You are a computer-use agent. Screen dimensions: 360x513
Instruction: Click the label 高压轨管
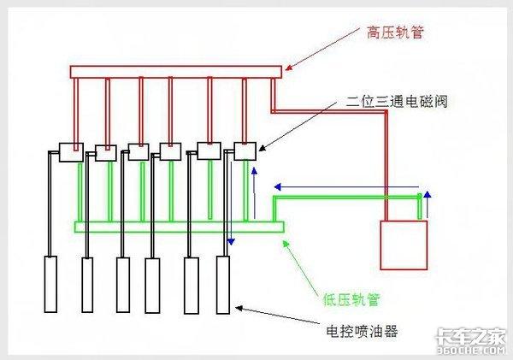click(x=395, y=32)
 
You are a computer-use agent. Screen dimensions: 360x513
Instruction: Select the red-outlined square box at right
click(x=403, y=246)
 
